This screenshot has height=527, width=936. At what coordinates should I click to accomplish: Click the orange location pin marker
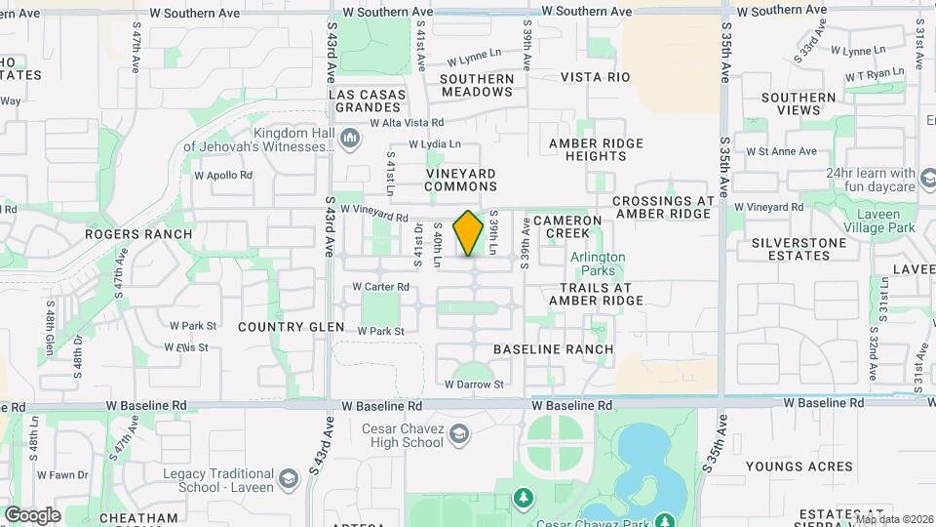(x=469, y=233)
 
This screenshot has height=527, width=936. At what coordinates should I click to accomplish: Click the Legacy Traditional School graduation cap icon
(x=288, y=480)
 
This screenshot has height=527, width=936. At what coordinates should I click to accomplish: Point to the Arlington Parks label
(x=598, y=263)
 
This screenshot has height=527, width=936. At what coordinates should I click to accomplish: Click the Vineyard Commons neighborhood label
(x=461, y=180)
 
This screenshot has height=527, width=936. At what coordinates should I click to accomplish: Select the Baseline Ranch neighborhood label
(x=554, y=349)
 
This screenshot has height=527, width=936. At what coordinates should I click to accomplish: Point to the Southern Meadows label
(x=477, y=85)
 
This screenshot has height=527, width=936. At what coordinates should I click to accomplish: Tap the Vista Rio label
(x=596, y=77)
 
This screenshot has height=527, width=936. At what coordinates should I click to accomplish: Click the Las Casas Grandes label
(x=367, y=101)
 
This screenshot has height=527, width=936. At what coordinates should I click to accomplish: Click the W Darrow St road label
(x=475, y=385)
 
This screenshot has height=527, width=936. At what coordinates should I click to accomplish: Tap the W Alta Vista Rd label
(x=407, y=124)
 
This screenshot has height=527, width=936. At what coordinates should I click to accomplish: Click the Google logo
(x=33, y=514)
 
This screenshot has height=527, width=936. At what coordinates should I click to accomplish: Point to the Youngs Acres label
(x=799, y=466)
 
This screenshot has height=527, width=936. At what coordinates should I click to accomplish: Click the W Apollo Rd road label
(x=223, y=176)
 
